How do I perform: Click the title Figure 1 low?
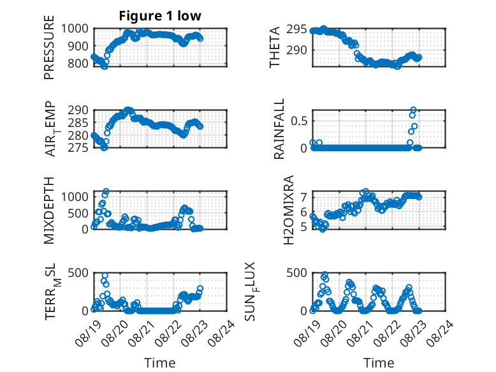coord(160,16)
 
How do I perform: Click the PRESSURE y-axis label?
coord(49,47)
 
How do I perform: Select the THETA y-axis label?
coord(275,47)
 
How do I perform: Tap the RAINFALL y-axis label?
coord(279,129)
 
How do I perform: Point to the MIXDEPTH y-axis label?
coord(49,211)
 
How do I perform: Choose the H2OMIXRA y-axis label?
coord(289,210)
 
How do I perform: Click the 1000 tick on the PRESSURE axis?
coord(75,29)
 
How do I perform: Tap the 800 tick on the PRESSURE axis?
coord(78,63)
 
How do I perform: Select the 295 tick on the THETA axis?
coord(296,29)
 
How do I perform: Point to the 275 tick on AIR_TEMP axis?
coord(78,148)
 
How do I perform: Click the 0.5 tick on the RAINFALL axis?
coord(299,121)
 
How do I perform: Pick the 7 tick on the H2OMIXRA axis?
coord(303,198)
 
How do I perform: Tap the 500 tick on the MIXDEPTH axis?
coord(78,213)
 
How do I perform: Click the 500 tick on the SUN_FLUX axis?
coord(296,273)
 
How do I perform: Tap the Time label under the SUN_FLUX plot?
coord(379,363)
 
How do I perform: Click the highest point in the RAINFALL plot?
coord(413,110)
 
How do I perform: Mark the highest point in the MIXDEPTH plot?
coord(106,191)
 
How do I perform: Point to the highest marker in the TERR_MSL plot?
coord(105,276)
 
